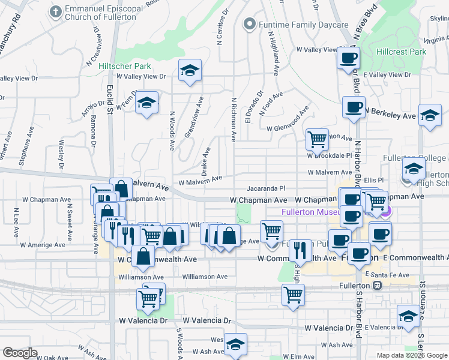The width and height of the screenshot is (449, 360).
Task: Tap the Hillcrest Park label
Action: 401,52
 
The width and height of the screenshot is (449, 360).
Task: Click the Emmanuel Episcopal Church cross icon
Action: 56,11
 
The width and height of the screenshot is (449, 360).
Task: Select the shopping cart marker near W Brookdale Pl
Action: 317,139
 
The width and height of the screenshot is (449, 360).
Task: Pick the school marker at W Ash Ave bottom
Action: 236,344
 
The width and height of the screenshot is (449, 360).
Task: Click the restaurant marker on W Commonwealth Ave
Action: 301,250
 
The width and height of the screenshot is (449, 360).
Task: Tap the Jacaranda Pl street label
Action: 265,188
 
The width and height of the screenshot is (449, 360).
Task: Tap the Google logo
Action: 20,353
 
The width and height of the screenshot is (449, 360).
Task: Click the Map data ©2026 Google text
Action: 411,355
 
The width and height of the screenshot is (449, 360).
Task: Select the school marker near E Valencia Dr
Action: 408,316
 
